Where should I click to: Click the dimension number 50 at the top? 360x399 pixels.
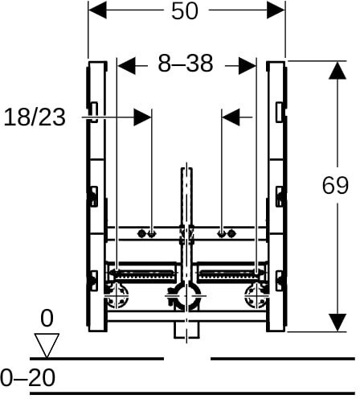[185, 11]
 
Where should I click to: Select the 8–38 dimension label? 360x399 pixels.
[186, 64]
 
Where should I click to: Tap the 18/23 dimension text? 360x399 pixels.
[35, 117]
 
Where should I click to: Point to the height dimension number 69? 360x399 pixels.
[335, 186]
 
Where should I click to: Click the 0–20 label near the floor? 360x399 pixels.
[28, 377]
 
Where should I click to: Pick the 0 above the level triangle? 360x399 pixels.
[47, 319]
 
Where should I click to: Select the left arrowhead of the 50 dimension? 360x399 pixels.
[97, 10]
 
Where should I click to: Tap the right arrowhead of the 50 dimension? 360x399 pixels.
[276, 10]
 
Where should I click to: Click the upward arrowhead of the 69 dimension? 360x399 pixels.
[337, 71]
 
